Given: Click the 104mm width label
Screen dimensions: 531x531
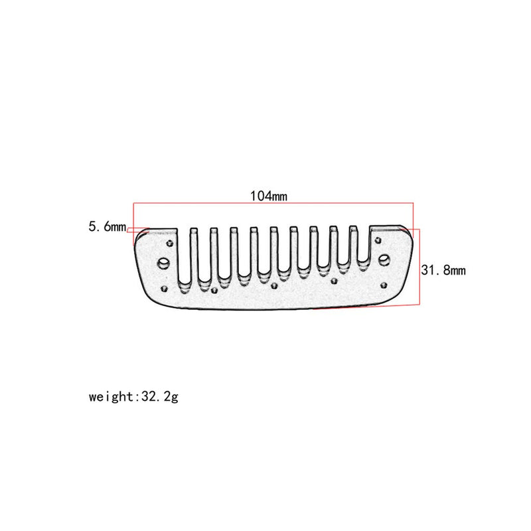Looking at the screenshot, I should pos(268,196).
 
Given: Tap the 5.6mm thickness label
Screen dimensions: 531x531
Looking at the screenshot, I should pos(107,227).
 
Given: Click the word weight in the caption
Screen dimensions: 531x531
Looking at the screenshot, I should pos(112,398).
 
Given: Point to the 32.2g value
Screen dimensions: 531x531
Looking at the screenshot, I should pos(159,398).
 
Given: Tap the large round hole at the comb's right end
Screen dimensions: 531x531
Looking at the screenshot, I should pos(384,259).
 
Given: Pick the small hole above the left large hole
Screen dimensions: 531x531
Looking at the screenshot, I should pos(171,244).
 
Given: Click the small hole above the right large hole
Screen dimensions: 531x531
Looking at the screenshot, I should pos(377,238).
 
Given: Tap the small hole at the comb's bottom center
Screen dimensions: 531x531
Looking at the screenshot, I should pos(275,287).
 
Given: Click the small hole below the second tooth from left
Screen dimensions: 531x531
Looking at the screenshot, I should pos(214,289).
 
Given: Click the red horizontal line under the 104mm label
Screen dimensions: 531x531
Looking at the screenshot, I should pos(272,203).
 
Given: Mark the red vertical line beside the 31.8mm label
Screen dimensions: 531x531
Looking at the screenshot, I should pos(419,265).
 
